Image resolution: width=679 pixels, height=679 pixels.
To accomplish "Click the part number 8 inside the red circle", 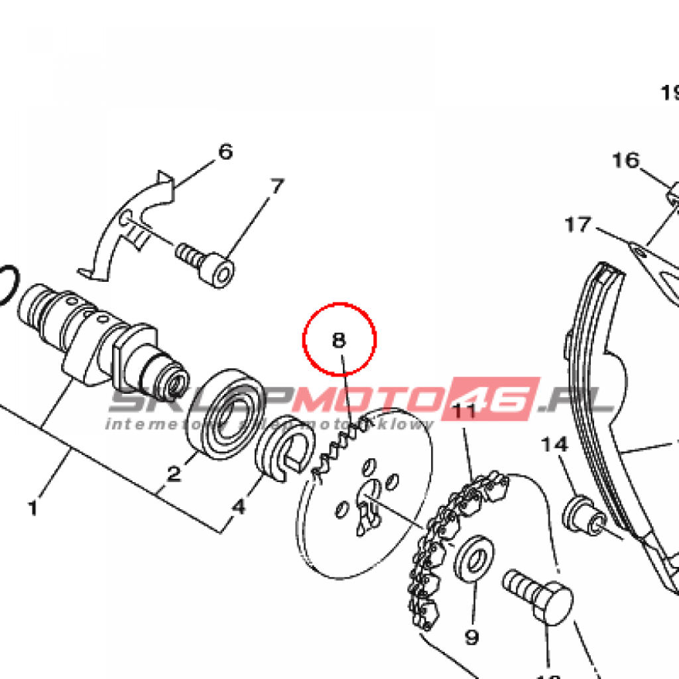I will click(x=339, y=340).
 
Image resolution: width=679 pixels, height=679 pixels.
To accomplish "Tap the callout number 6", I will click(x=225, y=152).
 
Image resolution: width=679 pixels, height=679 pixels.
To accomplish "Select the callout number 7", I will click(x=277, y=186).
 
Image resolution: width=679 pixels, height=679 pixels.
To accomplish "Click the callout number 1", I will click(x=32, y=509).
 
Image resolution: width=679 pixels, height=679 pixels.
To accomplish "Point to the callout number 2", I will click(x=174, y=473).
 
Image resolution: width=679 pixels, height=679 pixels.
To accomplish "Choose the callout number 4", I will click(x=238, y=507).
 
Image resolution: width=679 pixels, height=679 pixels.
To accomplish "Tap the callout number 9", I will click(x=471, y=637).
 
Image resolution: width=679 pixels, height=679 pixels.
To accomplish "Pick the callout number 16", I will click(x=625, y=160).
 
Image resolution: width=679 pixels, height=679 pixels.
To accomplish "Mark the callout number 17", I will click(x=577, y=225).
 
